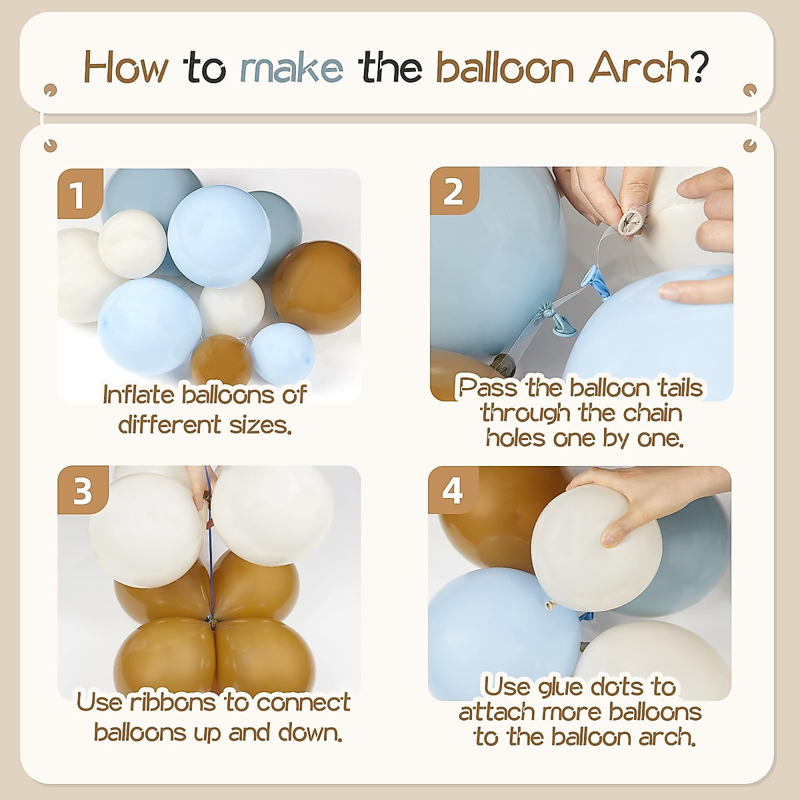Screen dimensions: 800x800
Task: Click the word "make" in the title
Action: pos(291,69)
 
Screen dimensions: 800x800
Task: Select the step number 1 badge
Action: pos(79,194)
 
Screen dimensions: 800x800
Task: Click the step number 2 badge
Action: pos(453,191)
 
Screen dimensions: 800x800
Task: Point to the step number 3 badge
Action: pos(81,491)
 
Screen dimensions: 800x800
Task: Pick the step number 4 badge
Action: pos(453,491)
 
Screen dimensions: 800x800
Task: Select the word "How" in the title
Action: pos(126,69)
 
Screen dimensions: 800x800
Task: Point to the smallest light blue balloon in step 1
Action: pos(283,353)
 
